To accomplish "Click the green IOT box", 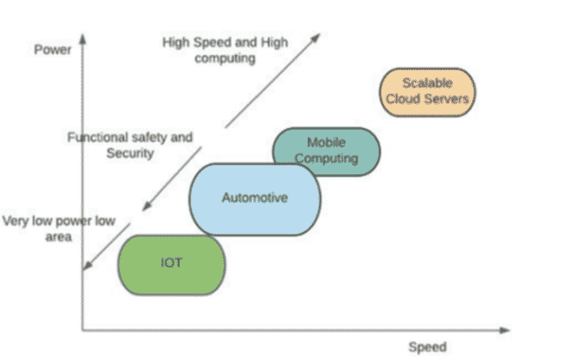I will [x=171, y=265].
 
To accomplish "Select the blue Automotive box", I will [x=254, y=198].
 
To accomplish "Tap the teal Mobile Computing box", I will [x=325, y=151].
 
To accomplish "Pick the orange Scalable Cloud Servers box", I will [x=428, y=92].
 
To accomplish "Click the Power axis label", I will [x=52, y=49].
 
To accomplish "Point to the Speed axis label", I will [x=427, y=347].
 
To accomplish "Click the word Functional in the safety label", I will [x=98, y=138].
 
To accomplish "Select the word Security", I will [x=130, y=153].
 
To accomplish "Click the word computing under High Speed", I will [x=226, y=58].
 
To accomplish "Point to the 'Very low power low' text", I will [x=60, y=221].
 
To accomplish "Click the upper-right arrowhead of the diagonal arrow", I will [x=317, y=36].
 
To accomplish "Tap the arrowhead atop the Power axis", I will [x=82, y=38].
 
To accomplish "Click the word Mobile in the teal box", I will [x=325, y=142].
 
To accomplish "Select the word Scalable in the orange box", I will [x=428, y=84].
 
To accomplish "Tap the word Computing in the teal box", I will [x=326, y=159].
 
